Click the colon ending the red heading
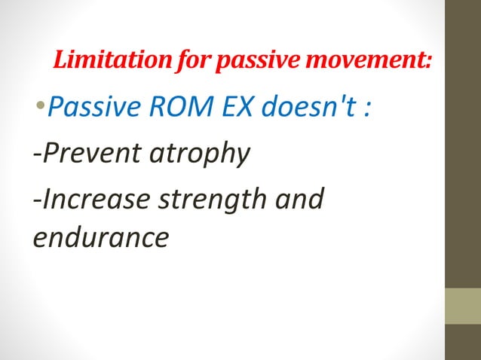(x=429, y=60)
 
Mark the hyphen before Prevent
(x=37, y=156)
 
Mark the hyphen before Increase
(x=37, y=199)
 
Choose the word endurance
(x=100, y=238)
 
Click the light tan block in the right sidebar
(x=463, y=306)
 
